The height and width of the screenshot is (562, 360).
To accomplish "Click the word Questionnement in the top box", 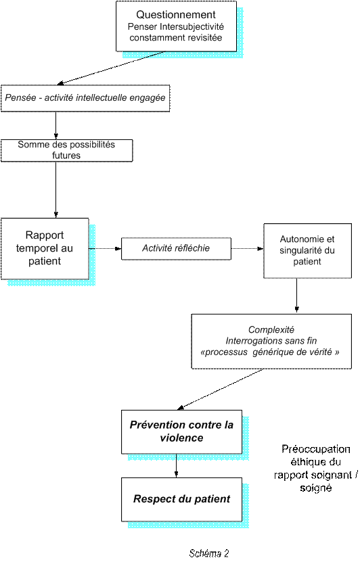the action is pyautogui.click(x=176, y=15).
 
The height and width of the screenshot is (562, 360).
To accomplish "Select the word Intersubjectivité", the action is pyautogui.click(x=192, y=26).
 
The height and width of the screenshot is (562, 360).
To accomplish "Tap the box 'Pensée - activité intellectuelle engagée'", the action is pyautogui.click(x=85, y=98).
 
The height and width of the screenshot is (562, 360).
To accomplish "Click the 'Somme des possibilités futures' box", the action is pyautogui.click(x=67, y=151).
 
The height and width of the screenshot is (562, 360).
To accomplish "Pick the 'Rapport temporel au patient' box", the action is pyautogui.click(x=45, y=248).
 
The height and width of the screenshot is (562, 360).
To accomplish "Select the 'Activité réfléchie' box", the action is pyautogui.click(x=176, y=248).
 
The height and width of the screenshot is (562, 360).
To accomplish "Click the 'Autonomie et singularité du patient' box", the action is pyautogui.click(x=307, y=250).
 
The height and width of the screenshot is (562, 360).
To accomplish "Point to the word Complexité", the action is pyautogui.click(x=271, y=330).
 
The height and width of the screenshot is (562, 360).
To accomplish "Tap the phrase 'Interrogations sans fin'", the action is pyautogui.click(x=271, y=341).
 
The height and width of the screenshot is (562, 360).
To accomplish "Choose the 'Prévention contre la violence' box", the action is pyautogui.click(x=181, y=432).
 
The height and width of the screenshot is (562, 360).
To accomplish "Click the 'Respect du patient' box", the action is pyautogui.click(x=181, y=499).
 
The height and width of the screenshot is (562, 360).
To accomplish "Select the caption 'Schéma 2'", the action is pyautogui.click(x=209, y=553).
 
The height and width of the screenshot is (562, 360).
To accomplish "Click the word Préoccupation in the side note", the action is pyautogui.click(x=316, y=449).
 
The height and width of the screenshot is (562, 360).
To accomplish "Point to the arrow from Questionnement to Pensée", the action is pyautogui.click(x=111, y=68).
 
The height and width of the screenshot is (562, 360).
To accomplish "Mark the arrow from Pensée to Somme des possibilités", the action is pyautogui.click(x=56, y=125).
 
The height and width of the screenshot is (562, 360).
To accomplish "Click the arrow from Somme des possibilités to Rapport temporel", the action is pyautogui.click(x=56, y=190).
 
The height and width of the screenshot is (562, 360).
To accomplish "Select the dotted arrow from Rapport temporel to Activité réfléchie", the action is pyautogui.click(x=105, y=248).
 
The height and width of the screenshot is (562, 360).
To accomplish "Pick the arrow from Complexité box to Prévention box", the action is pyautogui.click(x=220, y=390).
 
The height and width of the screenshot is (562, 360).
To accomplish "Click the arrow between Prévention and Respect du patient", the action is pyautogui.click(x=176, y=465).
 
